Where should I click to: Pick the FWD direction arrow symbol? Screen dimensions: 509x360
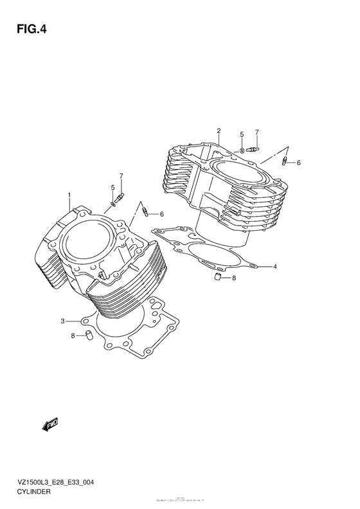click(x=51, y=424)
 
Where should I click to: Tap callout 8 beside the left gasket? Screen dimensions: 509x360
click(x=74, y=335)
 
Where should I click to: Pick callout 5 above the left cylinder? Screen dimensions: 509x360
click(x=113, y=188)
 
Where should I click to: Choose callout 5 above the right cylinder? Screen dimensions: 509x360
click(x=242, y=134)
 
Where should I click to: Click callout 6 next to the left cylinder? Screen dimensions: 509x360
click(x=162, y=213)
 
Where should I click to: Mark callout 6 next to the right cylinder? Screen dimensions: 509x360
click(x=298, y=163)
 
